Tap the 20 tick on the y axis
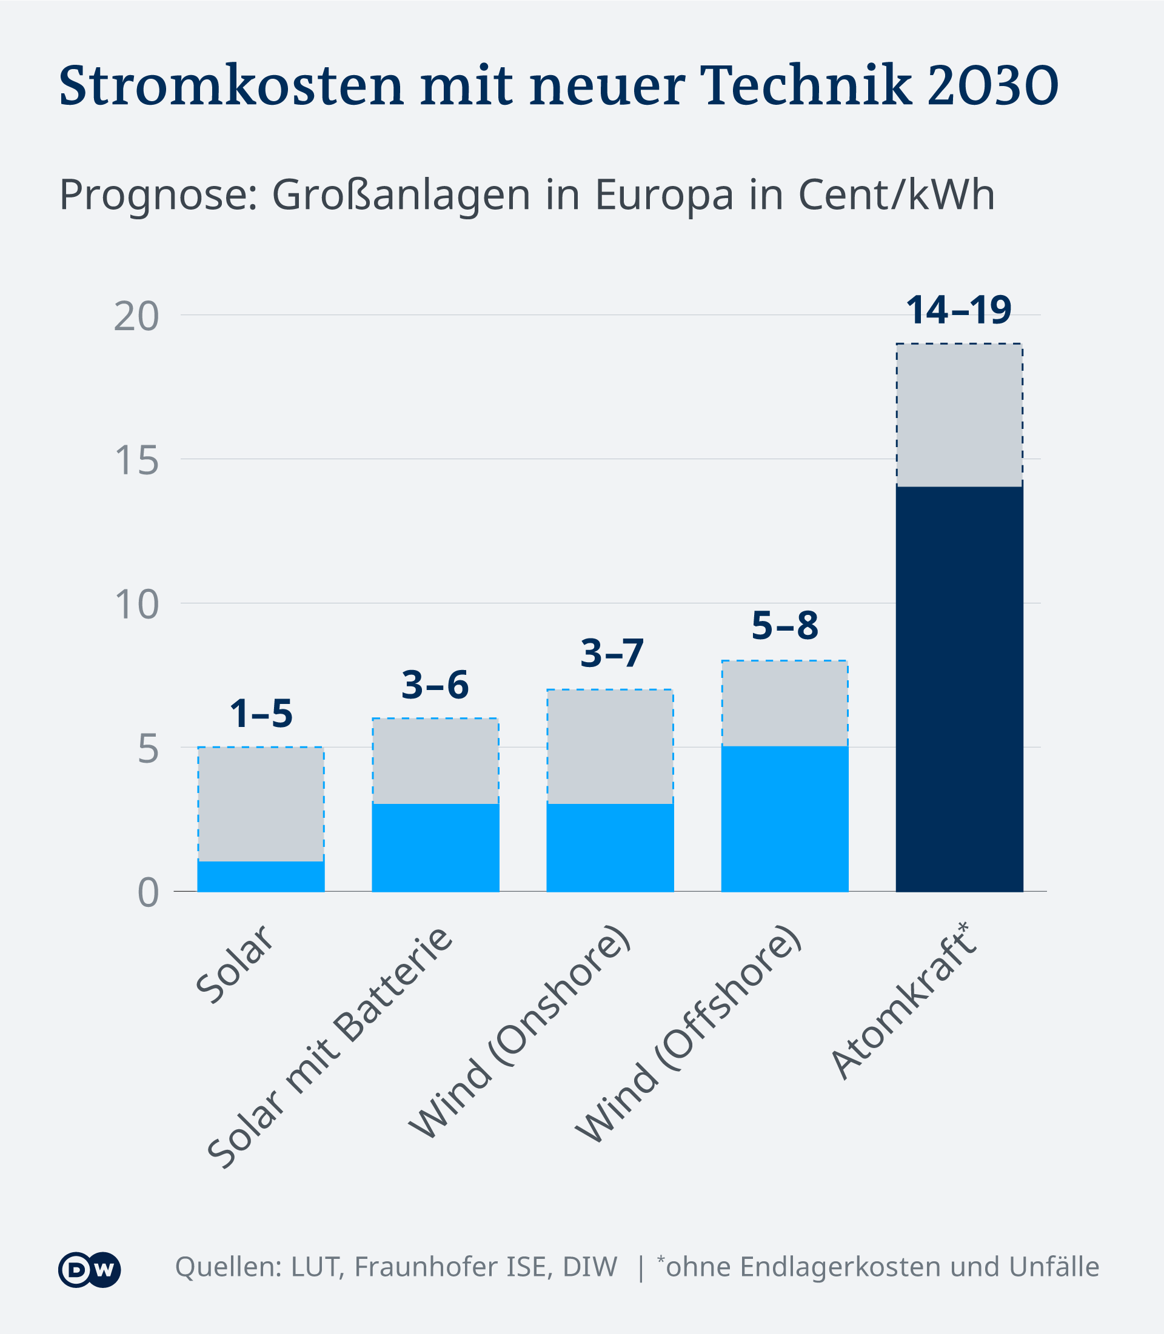click(x=136, y=317)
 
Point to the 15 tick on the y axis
click(x=136, y=461)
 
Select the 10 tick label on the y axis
click(x=136, y=605)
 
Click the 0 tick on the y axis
click(x=148, y=893)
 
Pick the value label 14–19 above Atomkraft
click(x=958, y=310)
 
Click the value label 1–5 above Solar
click(x=261, y=714)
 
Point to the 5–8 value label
click(x=784, y=626)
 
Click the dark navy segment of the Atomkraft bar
click(x=959, y=688)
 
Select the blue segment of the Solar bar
click(x=261, y=877)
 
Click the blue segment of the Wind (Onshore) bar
click(x=610, y=848)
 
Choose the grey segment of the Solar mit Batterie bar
click(x=435, y=761)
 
